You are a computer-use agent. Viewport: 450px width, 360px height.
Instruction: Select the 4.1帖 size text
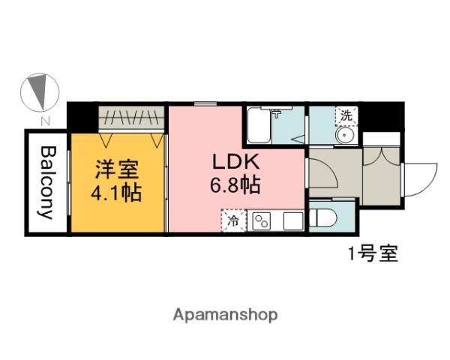116,192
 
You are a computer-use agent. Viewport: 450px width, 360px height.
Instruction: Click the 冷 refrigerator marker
233,221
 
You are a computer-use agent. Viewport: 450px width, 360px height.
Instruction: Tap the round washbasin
346,136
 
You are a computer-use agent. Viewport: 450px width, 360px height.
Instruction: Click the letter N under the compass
46,120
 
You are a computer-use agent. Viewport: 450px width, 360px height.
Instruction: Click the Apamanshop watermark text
225,315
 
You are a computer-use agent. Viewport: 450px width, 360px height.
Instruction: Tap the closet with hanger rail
132,118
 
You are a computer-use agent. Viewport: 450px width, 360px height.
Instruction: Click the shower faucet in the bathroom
280,114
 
